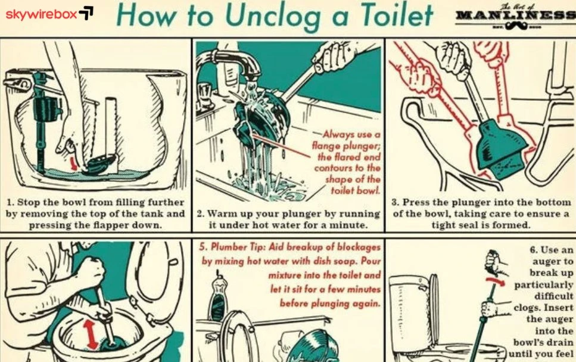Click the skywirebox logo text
click(x=42, y=14)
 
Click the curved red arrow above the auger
click(x=496, y=281)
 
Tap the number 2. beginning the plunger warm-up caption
click(x=201, y=214)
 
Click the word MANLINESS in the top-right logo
click(x=516, y=15)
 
